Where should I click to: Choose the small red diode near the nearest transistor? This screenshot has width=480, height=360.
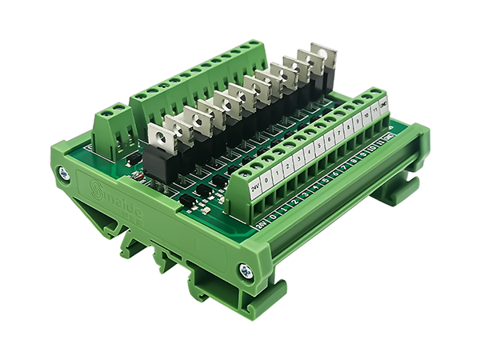(x=135, y=174)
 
